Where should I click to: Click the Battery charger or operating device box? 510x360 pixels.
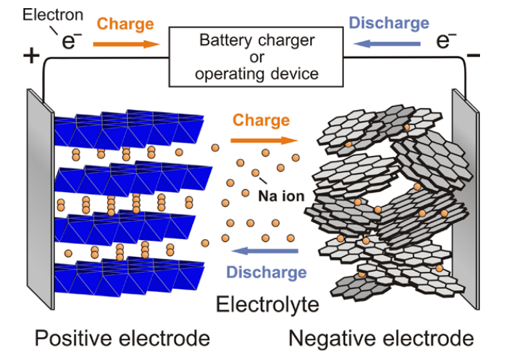coord(256,57)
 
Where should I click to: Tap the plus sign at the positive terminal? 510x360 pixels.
coord(31,55)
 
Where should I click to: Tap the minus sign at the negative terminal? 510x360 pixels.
coord(473,55)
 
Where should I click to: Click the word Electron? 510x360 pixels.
coord(53,15)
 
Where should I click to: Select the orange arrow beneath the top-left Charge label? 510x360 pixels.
coord(126,44)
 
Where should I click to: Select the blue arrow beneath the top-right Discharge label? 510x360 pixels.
coord(387,43)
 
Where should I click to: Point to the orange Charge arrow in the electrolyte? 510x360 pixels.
coord(264,140)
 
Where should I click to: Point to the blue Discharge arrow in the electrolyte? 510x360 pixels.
coord(265,250)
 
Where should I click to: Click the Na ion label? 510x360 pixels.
coord(281,196)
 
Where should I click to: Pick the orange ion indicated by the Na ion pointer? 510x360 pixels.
coord(255,173)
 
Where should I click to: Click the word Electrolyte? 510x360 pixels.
coord(267,304)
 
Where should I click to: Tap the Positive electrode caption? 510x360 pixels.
coord(122,338)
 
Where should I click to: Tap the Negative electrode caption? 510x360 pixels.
coord(381,338)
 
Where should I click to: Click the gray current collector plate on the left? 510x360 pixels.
coord(40,199)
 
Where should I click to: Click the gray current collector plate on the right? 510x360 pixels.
coord(466,199)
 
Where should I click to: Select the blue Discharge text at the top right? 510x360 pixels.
coord(389,23)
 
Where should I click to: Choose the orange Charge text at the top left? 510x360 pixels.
coord(125,24)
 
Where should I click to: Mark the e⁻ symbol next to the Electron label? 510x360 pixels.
coord(71,40)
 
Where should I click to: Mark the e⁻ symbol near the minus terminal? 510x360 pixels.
coord(446,40)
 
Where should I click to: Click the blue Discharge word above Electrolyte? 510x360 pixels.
coord(266,272)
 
